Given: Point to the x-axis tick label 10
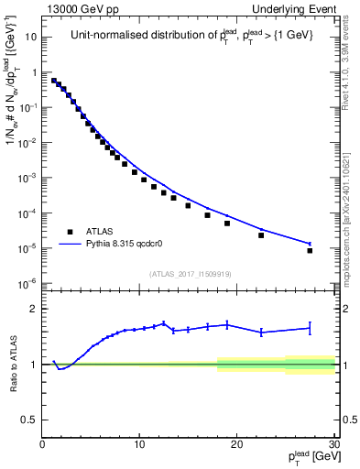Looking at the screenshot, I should (139, 444).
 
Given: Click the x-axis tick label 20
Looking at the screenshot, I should (236, 444).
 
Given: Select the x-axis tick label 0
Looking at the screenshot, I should (42, 444).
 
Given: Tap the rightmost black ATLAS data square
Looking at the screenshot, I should (310, 250).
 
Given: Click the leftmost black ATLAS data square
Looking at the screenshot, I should (54, 80).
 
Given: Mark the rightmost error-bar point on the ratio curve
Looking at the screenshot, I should (310, 327).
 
